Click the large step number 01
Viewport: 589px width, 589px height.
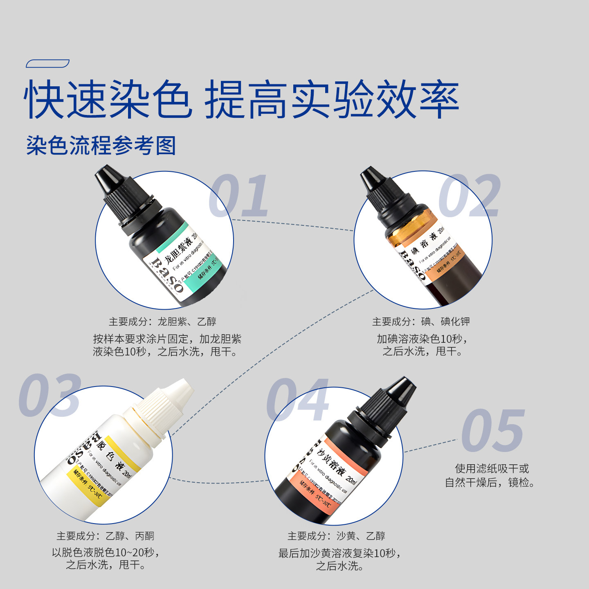tap(239, 196)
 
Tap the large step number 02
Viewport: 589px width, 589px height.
tap(470, 196)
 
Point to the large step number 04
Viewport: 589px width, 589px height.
tap(298, 400)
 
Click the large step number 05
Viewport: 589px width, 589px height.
tap(493, 430)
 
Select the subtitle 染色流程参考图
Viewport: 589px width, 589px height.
tap(101, 146)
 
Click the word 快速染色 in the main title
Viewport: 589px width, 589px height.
tap(107, 100)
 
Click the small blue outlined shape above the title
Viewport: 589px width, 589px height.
tap(47, 63)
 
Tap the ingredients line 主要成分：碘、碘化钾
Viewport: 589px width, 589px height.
tap(420, 322)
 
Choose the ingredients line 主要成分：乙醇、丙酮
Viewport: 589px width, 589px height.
tap(105, 536)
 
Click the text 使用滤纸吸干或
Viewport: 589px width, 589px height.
tap(492, 469)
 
